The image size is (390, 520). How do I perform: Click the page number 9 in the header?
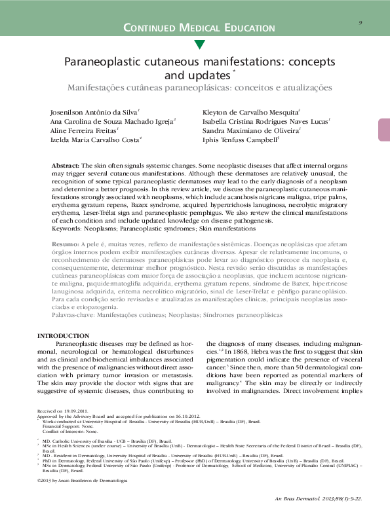pos(361,23)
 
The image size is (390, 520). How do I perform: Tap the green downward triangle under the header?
pos(200,44)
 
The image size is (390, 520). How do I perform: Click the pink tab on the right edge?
pos(383,130)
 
